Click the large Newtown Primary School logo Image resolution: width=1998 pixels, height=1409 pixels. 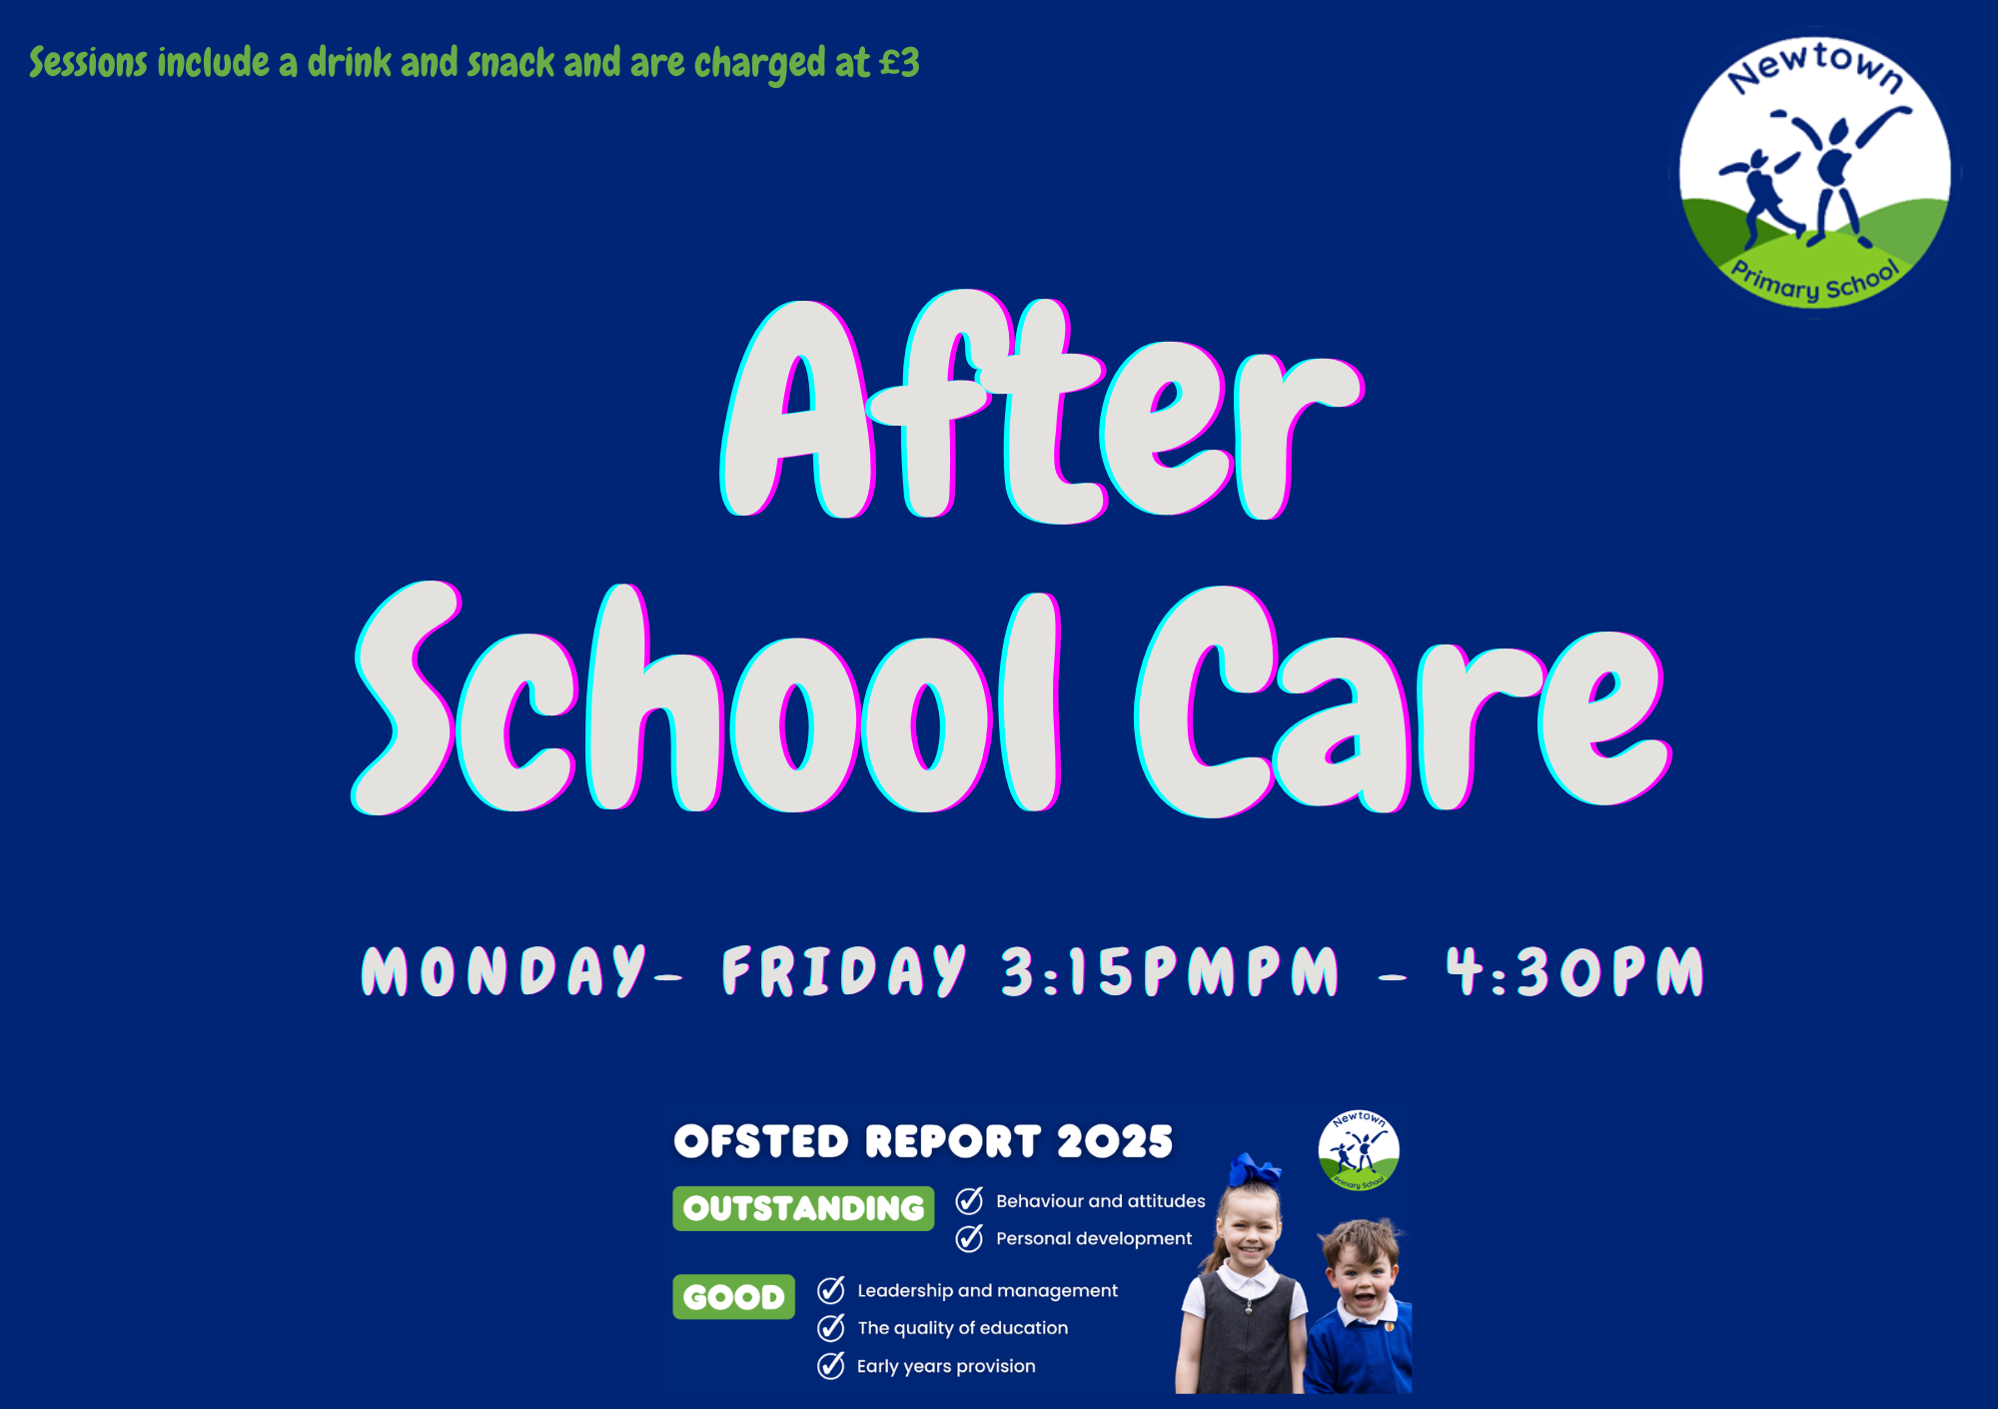1814,172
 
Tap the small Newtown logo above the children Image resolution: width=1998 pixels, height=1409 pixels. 1359,1150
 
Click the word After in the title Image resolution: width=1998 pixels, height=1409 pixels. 1042,407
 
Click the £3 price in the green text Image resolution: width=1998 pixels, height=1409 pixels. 899,63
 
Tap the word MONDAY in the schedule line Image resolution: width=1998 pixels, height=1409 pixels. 504,970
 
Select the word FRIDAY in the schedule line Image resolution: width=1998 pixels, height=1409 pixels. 844,970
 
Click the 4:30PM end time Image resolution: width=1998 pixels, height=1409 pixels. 1574,971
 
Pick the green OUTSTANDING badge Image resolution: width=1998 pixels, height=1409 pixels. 803,1208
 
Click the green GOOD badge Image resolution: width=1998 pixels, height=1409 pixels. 733,1296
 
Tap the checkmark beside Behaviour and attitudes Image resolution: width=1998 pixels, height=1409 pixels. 969,1200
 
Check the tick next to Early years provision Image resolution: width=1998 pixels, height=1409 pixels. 831,1365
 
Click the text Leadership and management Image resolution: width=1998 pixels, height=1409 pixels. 987,1290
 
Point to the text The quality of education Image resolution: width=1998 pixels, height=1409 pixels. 962,1328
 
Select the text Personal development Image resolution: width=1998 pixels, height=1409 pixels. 1094,1238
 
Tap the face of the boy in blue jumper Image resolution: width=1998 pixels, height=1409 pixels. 1362,1278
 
